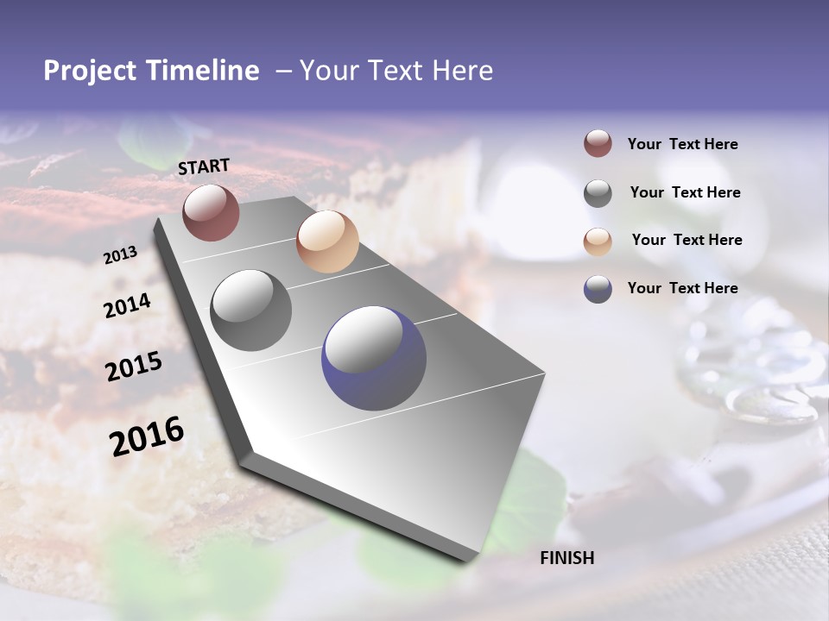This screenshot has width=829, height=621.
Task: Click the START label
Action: (204, 166)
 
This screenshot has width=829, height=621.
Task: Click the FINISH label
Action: (567, 558)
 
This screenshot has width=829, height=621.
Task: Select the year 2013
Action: (120, 254)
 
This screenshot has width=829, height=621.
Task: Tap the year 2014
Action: (127, 306)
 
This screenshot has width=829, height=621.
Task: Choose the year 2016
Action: (147, 436)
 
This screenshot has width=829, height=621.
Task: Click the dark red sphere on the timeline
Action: (211, 212)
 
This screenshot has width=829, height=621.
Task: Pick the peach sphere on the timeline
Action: (327, 241)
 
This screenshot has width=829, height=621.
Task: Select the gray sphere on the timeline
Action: (251, 310)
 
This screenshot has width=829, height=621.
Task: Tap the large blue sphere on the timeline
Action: (374, 358)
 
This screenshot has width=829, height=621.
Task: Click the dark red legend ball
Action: (598, 144)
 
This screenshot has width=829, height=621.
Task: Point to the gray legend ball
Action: (598, 193)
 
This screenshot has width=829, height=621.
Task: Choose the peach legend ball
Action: (598, 241)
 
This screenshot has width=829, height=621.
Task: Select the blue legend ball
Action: (598, 289)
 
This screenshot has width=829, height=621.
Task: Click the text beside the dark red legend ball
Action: (682, 144)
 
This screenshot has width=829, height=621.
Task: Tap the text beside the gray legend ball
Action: (685, 192)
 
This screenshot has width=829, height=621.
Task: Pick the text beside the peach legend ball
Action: (687, 240)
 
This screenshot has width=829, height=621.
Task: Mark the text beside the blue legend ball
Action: (682, 288)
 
